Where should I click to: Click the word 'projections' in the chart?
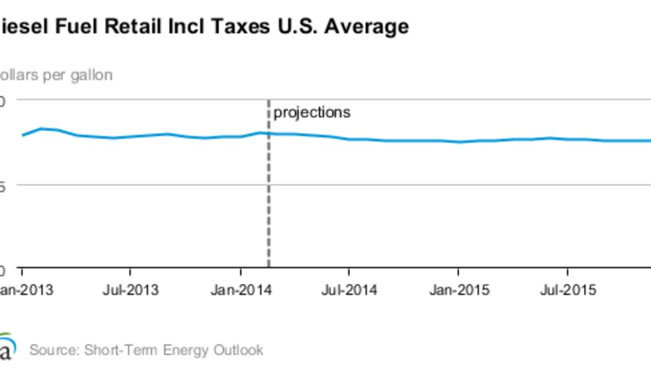pyautogui.click(x=312, y=112)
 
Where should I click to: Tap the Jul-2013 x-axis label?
pyautogui.click(x=132, y=290)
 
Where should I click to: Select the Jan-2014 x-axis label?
pyautogui.click(x=240, y=290)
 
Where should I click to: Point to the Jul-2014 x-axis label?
pyautogui.click(x=349, y=290)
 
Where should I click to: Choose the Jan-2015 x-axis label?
pyautogui.click(x=458, y=290)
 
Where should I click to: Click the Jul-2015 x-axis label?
pyautogui.click(x=568, y=290)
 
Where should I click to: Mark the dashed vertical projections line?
pyautogui.click(x=268, y=199)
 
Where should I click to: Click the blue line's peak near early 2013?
pyautogui.click(x=41, y=128)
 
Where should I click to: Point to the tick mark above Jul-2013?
pyautogui.click(x=130, y=271)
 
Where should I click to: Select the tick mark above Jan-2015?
pyautogui.click(x=458, y=271)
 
